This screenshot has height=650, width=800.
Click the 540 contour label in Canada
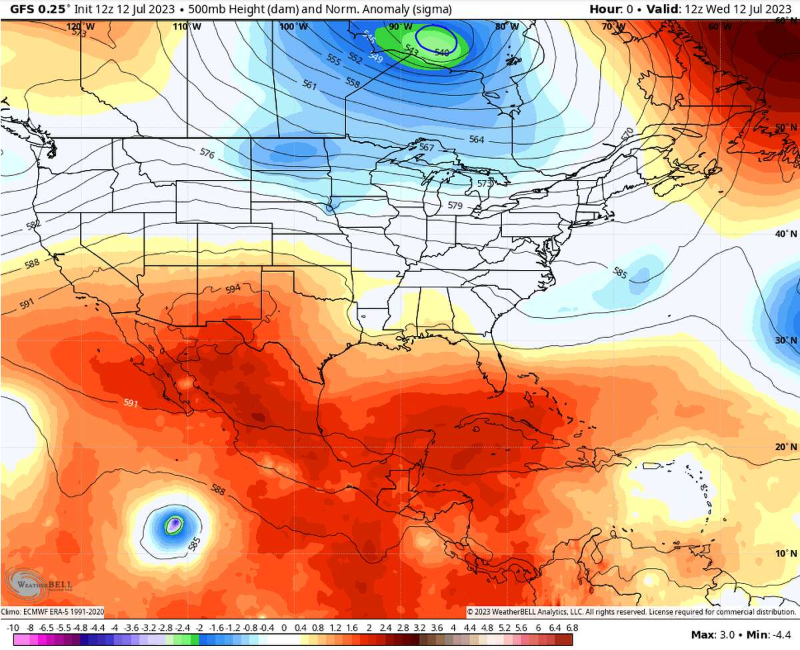click(x=441, y=51)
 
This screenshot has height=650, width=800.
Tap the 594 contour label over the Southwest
click(x=233, y=289)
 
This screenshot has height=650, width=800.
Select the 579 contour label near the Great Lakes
click(x=455, y=206)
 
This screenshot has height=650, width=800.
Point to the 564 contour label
click(x=477, y=139)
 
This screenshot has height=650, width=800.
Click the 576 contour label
click(x=207, y=154)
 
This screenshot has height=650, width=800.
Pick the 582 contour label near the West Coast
click(x=33, y=224)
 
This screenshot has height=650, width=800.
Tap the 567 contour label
click(x=427, y=147)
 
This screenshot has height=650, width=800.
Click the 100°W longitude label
click(x=293, y=27)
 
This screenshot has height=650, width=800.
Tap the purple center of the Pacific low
click(x=174, y=525)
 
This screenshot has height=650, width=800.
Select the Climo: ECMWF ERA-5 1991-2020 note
click(x=53, y=611)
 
